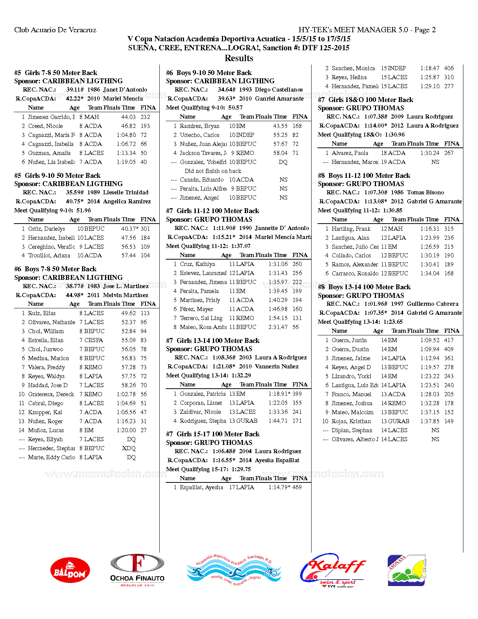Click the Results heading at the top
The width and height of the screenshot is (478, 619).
point(239,58)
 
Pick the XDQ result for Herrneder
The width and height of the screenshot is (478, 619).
point(129,448)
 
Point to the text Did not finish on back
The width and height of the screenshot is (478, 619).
point(213,171)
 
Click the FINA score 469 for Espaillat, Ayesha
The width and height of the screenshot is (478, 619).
point(297,487)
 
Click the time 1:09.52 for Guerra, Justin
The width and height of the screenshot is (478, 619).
point(430,340)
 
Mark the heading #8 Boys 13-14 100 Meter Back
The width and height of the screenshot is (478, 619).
point(364,287)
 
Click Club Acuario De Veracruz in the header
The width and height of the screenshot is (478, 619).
point(55,30)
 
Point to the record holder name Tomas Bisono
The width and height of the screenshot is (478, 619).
point(426,192)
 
